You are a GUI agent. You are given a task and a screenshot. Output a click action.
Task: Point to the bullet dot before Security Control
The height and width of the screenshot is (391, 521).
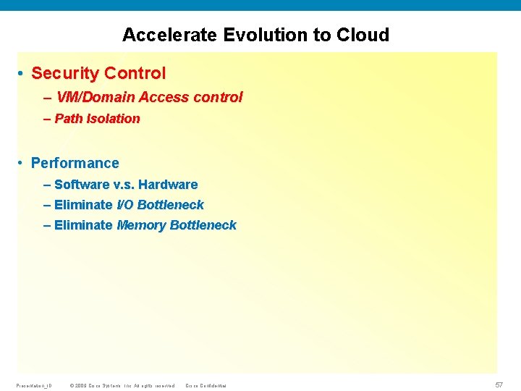22,74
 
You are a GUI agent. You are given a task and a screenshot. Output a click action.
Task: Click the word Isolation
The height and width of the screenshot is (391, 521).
114,119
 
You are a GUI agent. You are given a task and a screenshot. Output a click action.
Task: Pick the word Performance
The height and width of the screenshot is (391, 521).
75,163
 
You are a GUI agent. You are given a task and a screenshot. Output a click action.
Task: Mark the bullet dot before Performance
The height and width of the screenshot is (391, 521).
22,164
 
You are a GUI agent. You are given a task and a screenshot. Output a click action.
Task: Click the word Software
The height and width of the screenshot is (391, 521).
82,185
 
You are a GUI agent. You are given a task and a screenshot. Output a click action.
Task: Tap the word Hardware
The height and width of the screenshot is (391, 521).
168,185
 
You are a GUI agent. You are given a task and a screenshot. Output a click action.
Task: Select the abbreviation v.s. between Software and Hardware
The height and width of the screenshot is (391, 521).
124,185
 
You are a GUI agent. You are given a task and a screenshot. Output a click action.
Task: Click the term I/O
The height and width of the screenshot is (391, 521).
125,205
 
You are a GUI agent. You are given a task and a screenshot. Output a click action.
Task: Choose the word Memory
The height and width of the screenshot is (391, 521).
141,225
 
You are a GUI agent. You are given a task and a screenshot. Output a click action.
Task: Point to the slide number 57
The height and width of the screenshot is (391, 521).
499,385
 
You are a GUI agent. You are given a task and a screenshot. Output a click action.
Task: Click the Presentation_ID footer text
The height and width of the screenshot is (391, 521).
33,385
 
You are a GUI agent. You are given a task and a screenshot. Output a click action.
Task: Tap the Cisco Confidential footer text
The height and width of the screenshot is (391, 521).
206,385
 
